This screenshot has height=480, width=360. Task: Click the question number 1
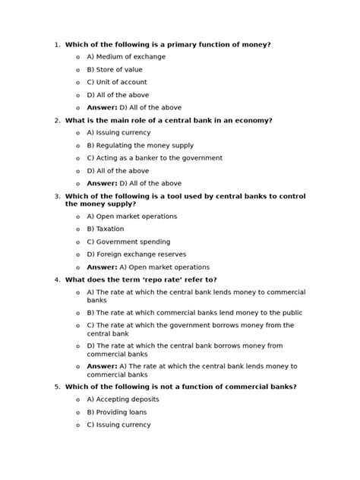click(x=57, y=45)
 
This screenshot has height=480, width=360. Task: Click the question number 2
click(x=57, y=121)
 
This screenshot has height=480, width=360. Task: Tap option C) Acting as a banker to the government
click(x=154, y=158)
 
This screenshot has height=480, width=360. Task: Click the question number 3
click(x=57, y=196)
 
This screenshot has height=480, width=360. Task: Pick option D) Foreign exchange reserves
click(x=136, y=254)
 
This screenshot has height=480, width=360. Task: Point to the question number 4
click(x=57, y=279)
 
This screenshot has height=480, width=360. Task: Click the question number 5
click(x=57, y=387)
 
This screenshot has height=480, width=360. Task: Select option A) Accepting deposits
click(x=122, y=399)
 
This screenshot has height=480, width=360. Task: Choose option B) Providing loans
click(x=116, y=412)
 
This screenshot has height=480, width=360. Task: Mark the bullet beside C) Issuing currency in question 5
click(x=78, y=425)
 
